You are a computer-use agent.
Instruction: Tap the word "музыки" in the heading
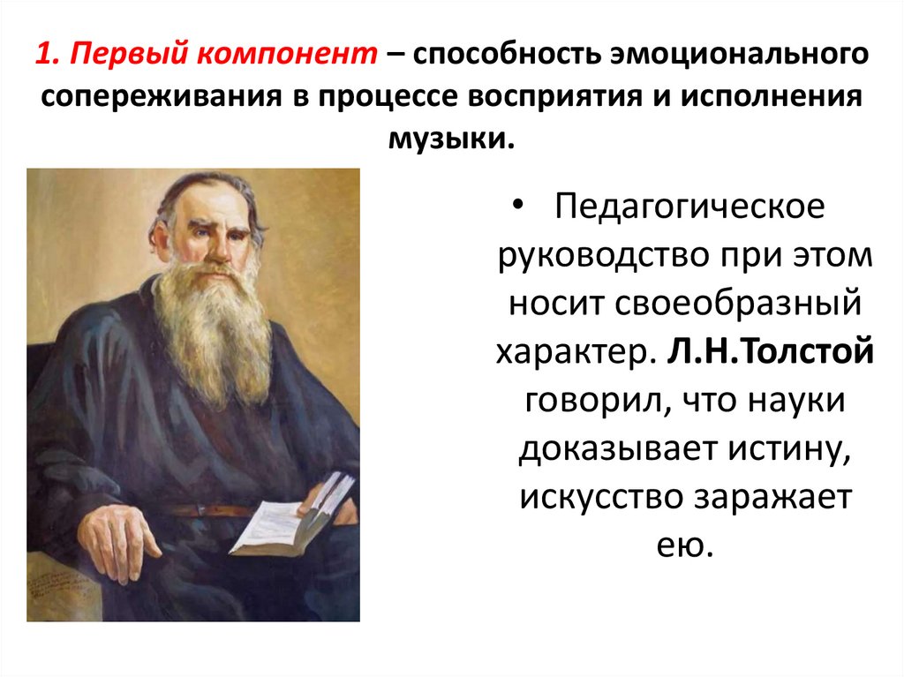[451, 138]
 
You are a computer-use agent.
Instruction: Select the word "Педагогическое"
[690, 209]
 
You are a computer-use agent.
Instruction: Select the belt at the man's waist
[212, 510]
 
